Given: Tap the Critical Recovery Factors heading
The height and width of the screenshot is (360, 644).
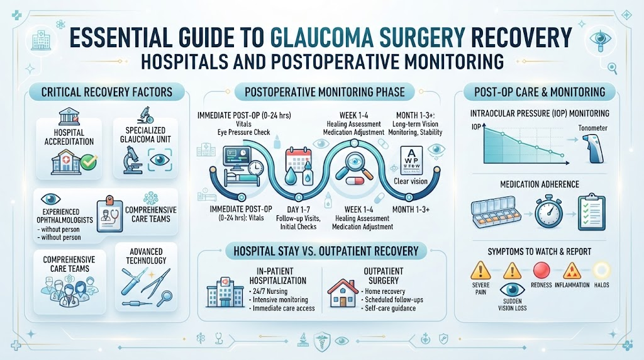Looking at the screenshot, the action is [107, 92].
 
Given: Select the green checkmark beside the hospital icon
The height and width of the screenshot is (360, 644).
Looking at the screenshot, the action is [89, 163].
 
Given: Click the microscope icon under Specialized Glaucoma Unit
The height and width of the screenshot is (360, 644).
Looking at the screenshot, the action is [133, 160].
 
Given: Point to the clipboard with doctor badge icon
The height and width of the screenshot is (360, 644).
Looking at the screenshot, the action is [109, 213].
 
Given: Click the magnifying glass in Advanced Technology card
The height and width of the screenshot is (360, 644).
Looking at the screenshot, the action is [166, 296].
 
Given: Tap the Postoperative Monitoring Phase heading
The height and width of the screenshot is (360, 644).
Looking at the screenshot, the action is [325, 92].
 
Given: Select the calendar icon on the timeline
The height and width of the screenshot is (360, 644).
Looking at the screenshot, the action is [298, 157].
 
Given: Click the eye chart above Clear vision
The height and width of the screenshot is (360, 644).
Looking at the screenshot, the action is [411, 160].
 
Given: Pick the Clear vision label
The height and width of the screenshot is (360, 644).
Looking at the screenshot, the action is [411, 181].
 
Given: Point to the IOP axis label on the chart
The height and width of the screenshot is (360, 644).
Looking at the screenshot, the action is [476, 127].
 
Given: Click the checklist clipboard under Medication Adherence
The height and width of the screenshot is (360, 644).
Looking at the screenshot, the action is [592, 213].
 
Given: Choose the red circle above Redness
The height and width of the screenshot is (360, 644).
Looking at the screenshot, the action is [541, 271].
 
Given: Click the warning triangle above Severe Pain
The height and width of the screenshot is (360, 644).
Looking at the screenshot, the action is [480, 271].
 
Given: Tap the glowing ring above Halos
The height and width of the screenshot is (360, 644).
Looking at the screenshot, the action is [602, 271].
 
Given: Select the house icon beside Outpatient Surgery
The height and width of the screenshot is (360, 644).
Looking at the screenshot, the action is [343, 293].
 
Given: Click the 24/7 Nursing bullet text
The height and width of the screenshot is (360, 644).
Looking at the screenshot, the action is [268, 291].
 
